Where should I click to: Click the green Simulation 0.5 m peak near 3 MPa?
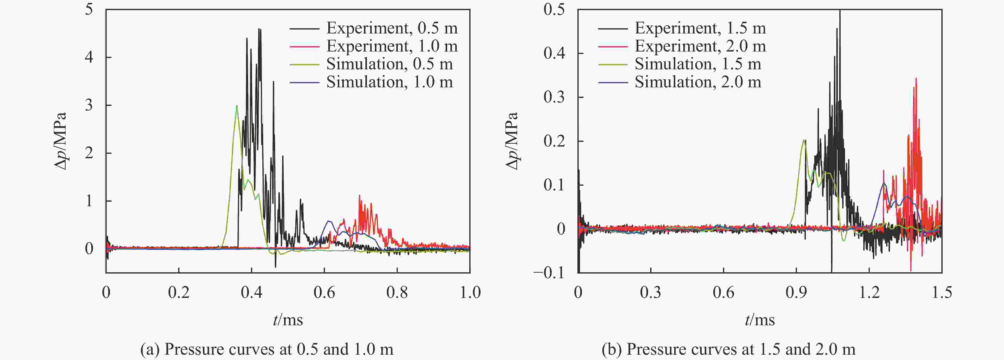(237, 106)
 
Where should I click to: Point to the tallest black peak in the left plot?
(259, 29)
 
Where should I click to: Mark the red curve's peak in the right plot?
(916, 79)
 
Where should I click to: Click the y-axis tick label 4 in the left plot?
(89, 57)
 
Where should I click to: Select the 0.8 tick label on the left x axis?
(397, 292)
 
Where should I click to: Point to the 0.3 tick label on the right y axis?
(554, 97)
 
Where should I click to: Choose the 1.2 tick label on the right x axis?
(869, 292)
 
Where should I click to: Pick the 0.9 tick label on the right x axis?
(796, 292)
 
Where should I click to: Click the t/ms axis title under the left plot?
(288, 320)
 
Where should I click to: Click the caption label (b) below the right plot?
(611, 349)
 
